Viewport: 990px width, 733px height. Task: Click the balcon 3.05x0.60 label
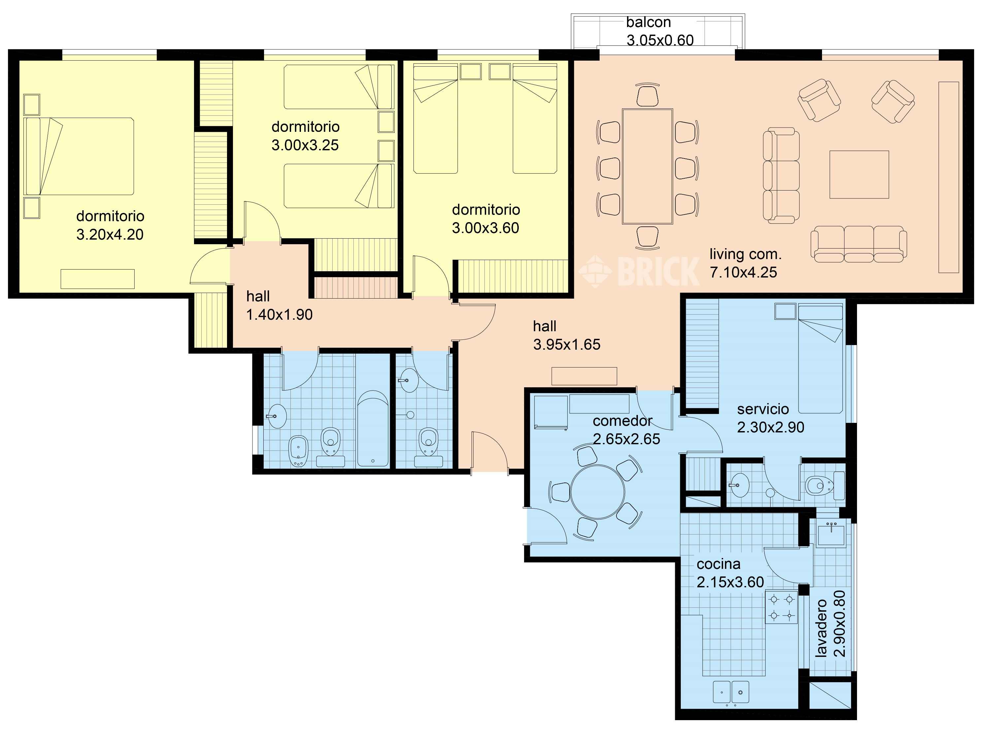660,31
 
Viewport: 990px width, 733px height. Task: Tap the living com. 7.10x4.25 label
745,263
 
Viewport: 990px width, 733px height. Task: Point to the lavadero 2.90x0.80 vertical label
830,623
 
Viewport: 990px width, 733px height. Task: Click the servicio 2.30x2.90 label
771,418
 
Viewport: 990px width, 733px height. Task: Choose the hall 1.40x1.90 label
280,305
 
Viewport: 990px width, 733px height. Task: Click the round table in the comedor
598,492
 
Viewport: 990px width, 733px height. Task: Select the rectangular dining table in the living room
647,166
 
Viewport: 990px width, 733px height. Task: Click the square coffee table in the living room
859,174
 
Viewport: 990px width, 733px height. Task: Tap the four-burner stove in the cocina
781,607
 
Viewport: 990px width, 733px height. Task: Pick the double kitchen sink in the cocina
731,692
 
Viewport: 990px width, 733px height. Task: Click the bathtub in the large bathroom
373,428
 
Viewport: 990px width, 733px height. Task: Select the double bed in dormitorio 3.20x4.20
79,156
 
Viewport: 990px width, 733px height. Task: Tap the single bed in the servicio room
820,359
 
